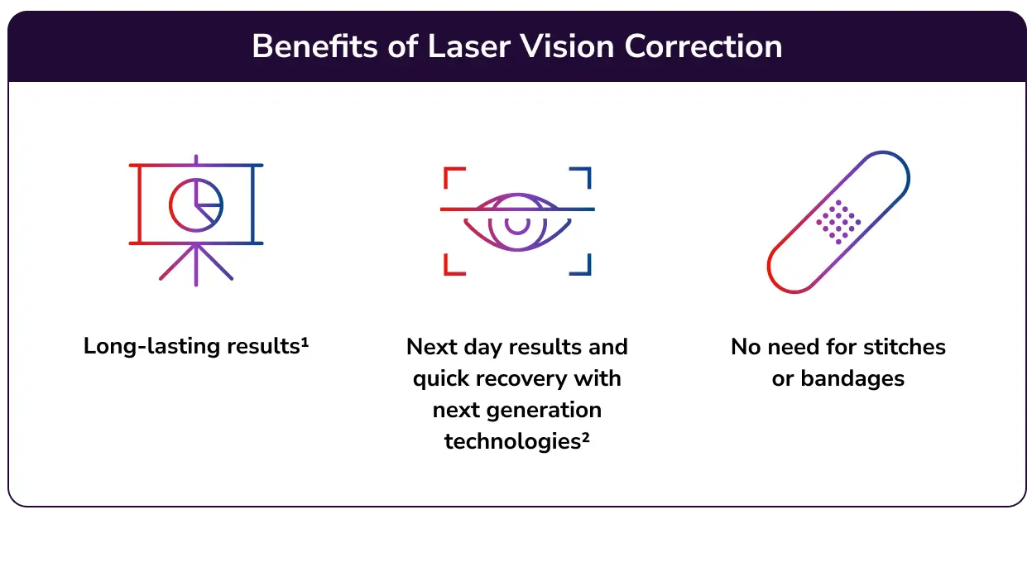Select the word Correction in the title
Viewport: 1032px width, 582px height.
[x=703, y=46]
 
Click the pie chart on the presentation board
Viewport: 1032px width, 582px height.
[x=196, y=203]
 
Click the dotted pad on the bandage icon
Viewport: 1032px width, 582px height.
[x=838, y=221]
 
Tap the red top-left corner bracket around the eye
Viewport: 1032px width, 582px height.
[x=453, y=177]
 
